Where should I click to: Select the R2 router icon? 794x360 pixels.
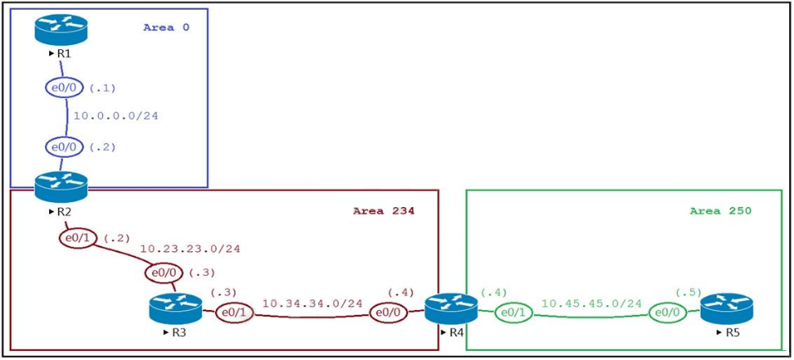61,187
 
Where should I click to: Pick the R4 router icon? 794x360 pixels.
451,308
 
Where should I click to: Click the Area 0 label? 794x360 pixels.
167,27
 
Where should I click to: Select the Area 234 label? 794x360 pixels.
384,211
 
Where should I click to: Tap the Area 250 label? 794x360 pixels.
720,211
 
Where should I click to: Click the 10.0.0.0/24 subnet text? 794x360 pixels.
116,116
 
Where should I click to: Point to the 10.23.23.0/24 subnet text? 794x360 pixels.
190,249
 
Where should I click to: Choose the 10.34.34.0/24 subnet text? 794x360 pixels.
312,304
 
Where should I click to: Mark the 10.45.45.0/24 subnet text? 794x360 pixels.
591,304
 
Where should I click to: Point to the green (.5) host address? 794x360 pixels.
689,292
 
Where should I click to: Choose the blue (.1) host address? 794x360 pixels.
103,88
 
